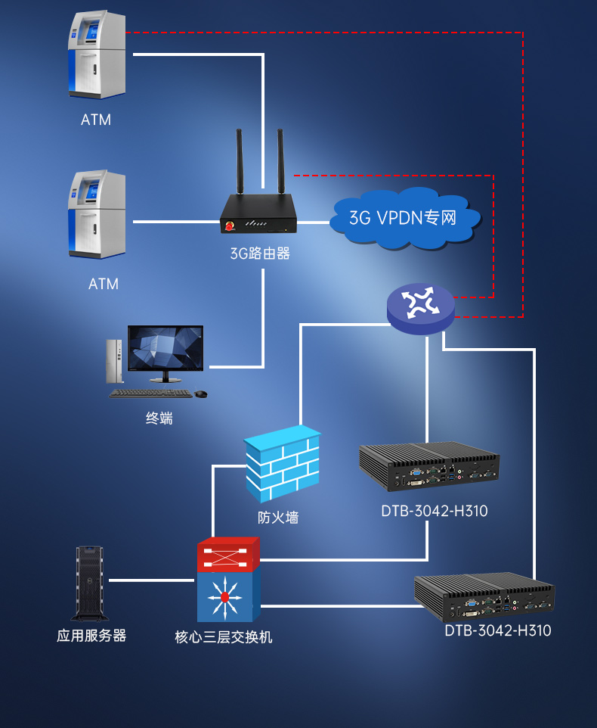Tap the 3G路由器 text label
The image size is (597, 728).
click(x=260, y=254)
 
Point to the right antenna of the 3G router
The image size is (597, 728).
click(x=280, y=163)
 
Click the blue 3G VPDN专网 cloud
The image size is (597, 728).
click(x=405, y=218)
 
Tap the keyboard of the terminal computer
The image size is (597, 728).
click(x=150, y=393)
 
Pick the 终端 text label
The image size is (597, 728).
click(x=159, y=418)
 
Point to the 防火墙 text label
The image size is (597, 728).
click(x=278, y=518)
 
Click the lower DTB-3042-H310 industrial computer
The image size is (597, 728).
click(x=484, y=598)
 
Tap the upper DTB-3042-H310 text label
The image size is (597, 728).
click(x=435, y=512)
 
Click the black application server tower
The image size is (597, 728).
click(x=89, y=583)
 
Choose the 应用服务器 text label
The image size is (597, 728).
click(x=91, y=636)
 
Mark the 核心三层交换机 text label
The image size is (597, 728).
click(x=224, y=637)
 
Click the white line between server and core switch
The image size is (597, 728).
click(x=151, y=580)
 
